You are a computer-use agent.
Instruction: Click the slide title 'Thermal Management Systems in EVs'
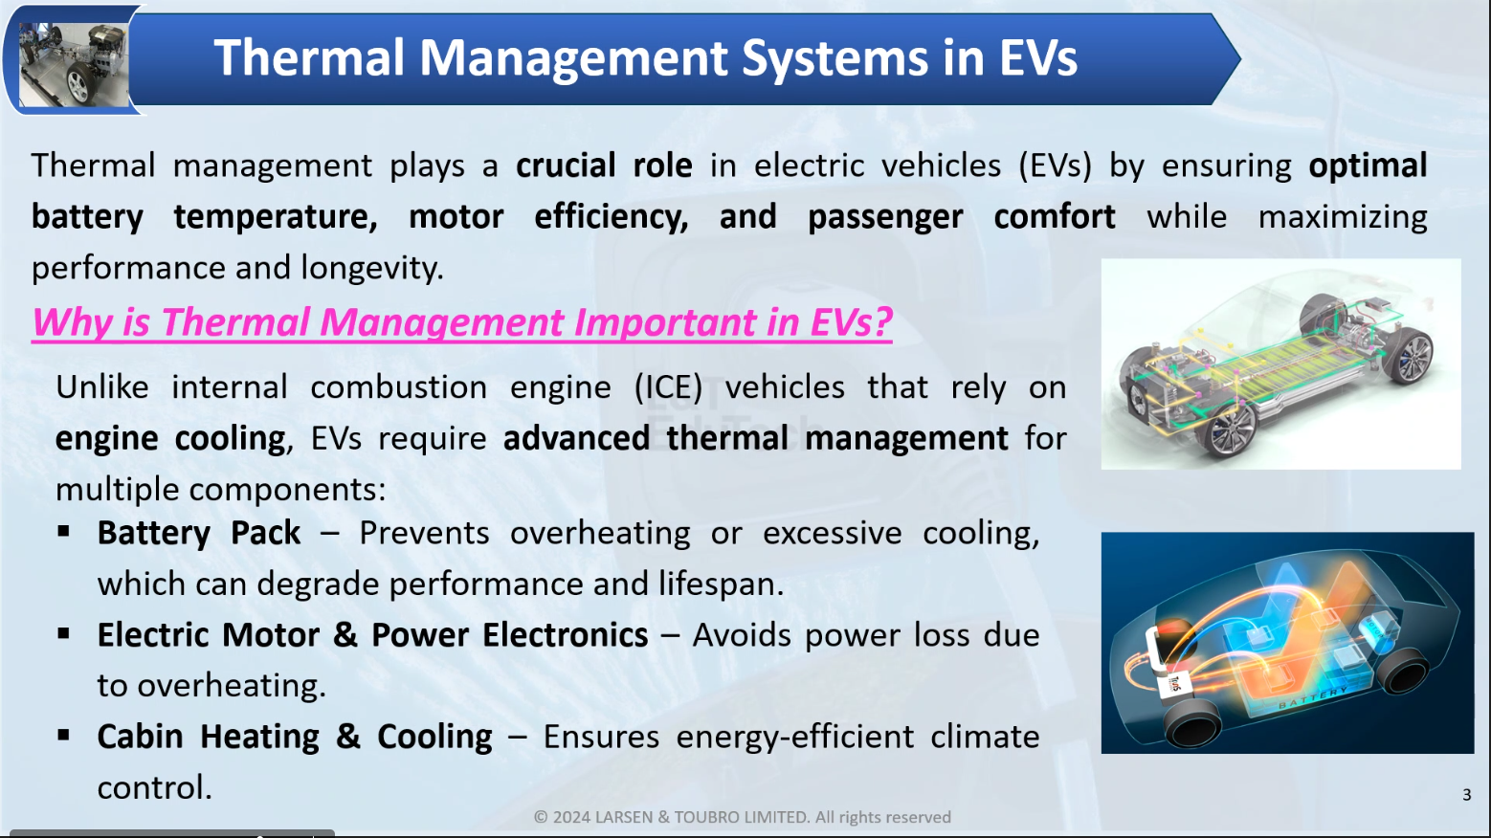(645, 58)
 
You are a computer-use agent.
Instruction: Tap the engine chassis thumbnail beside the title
(74, 64)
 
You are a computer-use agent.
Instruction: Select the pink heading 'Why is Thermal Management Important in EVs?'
(462, 322)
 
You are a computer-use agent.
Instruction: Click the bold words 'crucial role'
(604, 165)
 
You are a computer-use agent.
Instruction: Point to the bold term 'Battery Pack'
(199, 533)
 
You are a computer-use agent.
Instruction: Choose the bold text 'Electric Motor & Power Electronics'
(373, 634)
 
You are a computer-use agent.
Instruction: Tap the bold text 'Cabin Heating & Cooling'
(295, 737)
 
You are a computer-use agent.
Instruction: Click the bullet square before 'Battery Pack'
(64, 531)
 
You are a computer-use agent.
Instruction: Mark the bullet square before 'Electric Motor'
(64, 633)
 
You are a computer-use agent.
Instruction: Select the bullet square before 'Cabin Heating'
(64, 735)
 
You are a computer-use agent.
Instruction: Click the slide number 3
(1466, 795)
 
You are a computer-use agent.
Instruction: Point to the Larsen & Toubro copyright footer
(743, 817)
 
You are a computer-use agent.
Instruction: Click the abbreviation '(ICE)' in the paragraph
(668, 387)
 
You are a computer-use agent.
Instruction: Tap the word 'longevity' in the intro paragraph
(370, 268)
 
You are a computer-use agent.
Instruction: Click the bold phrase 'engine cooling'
(170, 439)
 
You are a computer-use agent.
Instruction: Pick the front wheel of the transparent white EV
(1227, 430)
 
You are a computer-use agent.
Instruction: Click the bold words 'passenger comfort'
(961, 217)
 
